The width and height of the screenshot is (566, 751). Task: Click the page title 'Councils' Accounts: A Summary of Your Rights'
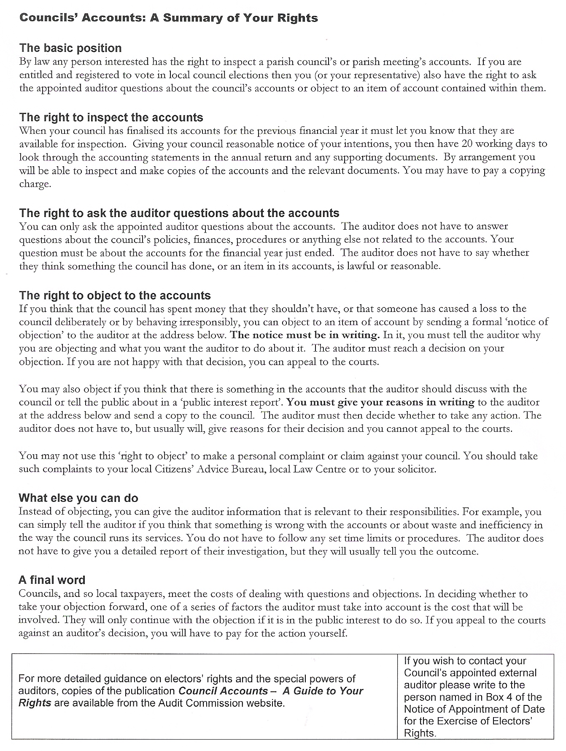[x=169, y=18]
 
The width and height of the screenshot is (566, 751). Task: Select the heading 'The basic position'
[x=70, y=48]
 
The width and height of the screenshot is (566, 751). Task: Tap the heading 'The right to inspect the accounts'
[x=111, y=117]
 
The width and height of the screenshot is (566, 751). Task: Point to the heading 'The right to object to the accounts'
[x=115, y=296]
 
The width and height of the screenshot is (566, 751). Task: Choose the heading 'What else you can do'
[x=78, y=498]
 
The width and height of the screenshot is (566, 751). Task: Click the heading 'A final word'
[x=52, y=580]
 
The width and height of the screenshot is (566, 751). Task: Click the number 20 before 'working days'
[x=467, y=144]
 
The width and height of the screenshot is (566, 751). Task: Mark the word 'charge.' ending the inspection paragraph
[x=35, y=184]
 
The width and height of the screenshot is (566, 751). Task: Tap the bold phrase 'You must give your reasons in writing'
[x=380, y=402]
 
